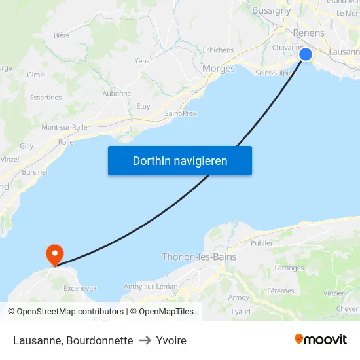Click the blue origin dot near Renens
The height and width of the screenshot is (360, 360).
click(306, 54)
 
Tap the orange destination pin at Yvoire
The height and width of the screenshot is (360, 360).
click(54, 254)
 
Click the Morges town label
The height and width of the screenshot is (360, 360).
click(219, 68)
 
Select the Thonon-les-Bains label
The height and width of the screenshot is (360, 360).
click(199, 257)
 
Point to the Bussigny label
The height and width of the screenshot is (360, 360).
click(272, 10)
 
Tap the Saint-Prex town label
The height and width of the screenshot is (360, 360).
click(181, 113)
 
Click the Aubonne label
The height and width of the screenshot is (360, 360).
click(117, 94)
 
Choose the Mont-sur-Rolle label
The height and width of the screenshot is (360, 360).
click(64, 127)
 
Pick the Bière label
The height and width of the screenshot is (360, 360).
click(62, 35)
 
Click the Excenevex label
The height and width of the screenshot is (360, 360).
click(80, 288)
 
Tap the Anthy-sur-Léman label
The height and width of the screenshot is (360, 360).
click(151, 286)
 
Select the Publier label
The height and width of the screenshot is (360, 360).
click(261, 243)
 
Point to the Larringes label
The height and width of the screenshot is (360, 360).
click(289, 268)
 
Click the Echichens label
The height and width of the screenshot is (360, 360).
click(218, 50)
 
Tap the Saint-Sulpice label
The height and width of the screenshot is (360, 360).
click(275, 73)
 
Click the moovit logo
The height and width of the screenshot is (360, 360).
click(321, 339)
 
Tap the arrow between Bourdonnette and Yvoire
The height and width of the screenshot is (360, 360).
click(145, 340)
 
